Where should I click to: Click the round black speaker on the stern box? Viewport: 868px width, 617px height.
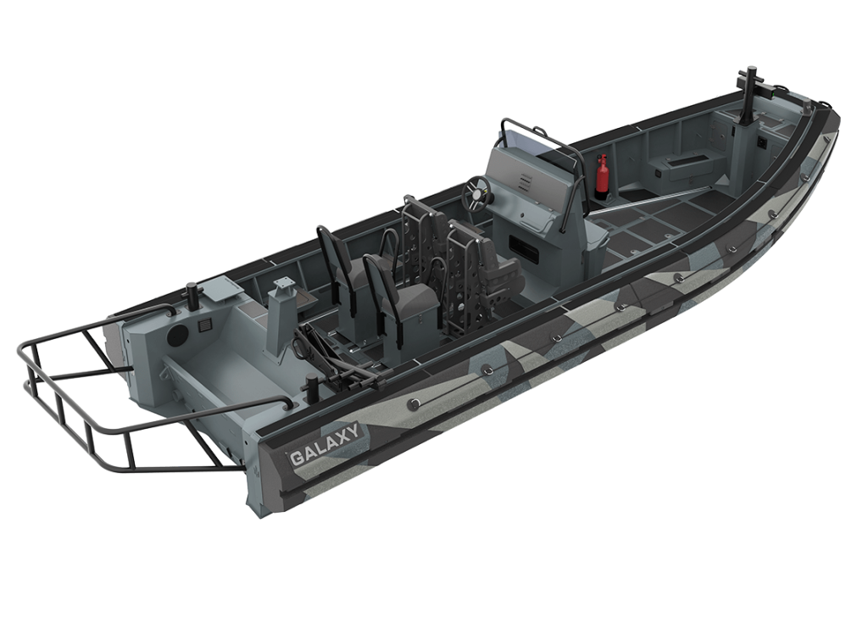point(178,335)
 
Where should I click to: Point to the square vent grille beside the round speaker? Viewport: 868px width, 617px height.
point(203,325)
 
